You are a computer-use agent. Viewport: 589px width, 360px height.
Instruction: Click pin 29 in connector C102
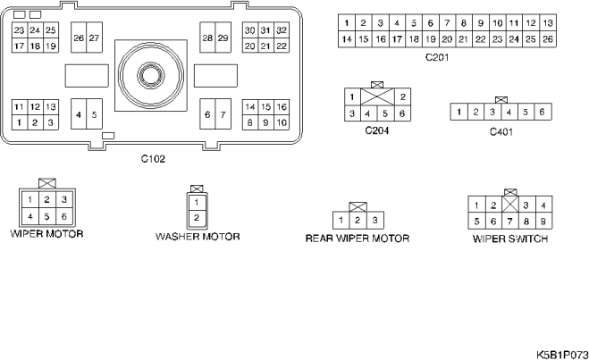[x=223, y=38]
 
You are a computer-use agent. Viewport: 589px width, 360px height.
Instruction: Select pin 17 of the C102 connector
[x=20, y=46]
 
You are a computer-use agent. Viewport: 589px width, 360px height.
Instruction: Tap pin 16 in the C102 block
[x=282, y=107]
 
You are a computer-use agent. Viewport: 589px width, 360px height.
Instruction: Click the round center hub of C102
[x=151, y=75]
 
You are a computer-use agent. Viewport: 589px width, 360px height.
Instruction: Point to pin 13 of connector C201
[x=548, y=23]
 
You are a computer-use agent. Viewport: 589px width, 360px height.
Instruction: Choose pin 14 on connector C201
[x=347, y=39]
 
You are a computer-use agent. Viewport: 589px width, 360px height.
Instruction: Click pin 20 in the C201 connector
[x=447, y=39]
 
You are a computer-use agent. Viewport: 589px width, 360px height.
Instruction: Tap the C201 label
[x=437, y=57]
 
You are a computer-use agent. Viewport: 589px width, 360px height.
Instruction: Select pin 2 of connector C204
[x=403, y=96]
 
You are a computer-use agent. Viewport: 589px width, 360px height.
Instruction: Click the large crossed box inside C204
[x=377, y=96]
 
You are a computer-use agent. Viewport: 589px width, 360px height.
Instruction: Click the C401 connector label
[x=501, y=131]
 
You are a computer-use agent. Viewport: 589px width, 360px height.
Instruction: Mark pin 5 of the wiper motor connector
[x=47, y=216]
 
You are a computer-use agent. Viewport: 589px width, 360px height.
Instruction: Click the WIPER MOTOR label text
[x=47, y=233]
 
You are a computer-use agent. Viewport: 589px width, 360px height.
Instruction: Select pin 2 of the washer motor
[x=197, y=218]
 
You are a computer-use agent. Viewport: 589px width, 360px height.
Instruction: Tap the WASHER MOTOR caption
[x=198, y=237]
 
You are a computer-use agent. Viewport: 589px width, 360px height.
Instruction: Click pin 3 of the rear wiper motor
[x=374, y=220]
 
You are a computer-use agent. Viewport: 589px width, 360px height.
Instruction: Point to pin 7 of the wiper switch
[x=510, y=222]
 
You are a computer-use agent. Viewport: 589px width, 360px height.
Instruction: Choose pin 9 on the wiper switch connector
[x=543, y=222]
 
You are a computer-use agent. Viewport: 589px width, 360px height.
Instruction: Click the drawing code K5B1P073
[x=562, y=355]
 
